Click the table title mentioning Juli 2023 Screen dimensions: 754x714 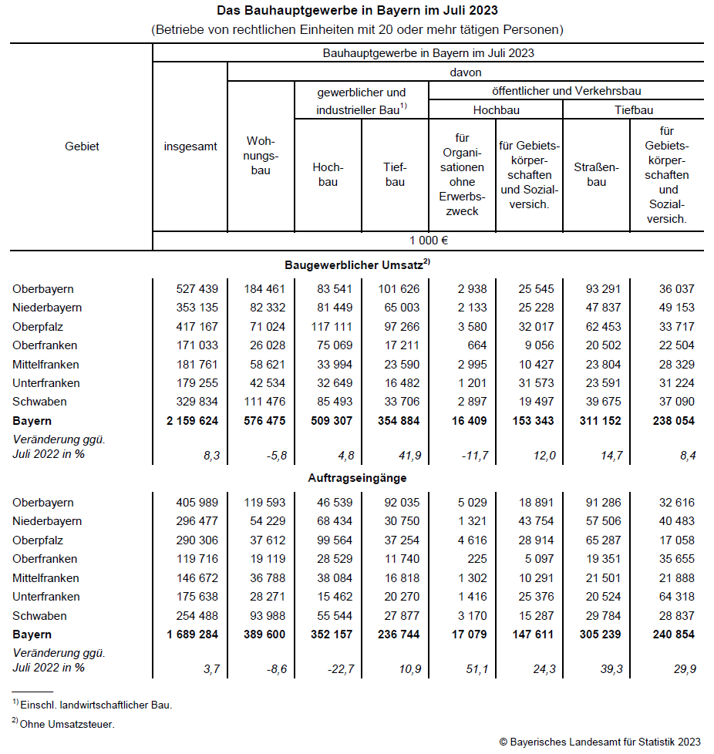pos(356,11)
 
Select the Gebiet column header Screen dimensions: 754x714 pos(82,146)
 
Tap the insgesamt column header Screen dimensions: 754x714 pos(190,146)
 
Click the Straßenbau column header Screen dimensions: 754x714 pos(596,174)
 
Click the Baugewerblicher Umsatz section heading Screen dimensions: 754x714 pos(356,264)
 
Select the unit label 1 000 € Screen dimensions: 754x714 pos(428,240)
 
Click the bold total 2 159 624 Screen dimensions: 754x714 pos(192,421)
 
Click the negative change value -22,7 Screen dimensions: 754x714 pos(339,669)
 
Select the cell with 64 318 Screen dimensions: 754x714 pos(676,597)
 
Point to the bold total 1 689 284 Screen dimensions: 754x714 pos(192,635)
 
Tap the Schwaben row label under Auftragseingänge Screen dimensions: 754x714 pos(39,615)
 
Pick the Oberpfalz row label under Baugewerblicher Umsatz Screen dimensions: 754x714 pos(38,327)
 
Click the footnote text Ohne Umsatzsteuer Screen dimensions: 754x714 pos(69,723)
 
